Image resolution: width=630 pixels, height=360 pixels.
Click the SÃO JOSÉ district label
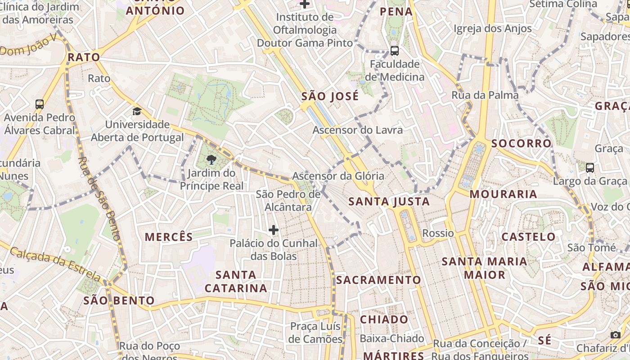[330, 96]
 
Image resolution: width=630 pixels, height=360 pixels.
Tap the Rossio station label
[438, 233]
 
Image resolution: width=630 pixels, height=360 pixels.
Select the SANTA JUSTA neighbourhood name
[389, 202]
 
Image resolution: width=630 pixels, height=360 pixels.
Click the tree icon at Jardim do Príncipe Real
[211, 159]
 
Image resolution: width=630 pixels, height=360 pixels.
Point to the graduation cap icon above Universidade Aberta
[137, 111]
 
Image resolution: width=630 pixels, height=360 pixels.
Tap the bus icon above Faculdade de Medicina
[395, 50]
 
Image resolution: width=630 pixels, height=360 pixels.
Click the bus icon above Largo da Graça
[589, 168]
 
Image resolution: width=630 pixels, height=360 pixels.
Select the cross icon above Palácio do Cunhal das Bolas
[274, 230]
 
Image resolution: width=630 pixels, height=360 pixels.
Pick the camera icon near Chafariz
[615, 335]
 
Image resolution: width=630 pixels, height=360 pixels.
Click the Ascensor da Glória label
[338, 176]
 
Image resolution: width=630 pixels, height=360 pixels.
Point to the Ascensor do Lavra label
[358, 130]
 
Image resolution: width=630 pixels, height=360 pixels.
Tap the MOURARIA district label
[504, 194]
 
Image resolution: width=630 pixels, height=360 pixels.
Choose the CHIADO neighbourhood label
[384, 319]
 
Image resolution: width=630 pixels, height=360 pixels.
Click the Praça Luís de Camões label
[315, 333]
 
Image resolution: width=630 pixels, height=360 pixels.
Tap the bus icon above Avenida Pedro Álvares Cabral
[40, 104]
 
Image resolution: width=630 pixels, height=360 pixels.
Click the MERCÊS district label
[168, 237]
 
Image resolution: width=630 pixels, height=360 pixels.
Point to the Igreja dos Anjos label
[492, 29]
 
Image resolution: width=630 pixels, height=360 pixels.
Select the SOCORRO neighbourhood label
[521, 144]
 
